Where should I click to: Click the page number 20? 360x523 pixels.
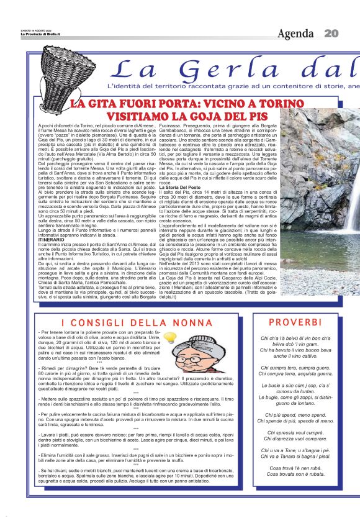[x=330, y=33]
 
